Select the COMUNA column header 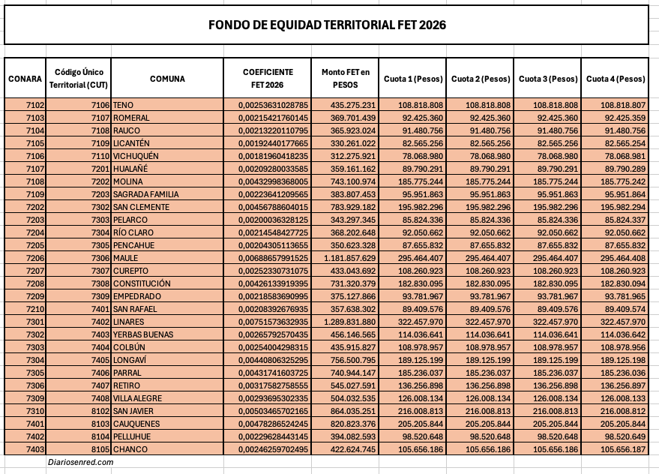point(167,79)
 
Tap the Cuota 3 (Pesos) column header point(547,79)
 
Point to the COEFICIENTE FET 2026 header point(267,78)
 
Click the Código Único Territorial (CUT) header point(79,78)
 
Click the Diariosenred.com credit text point(79,463)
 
